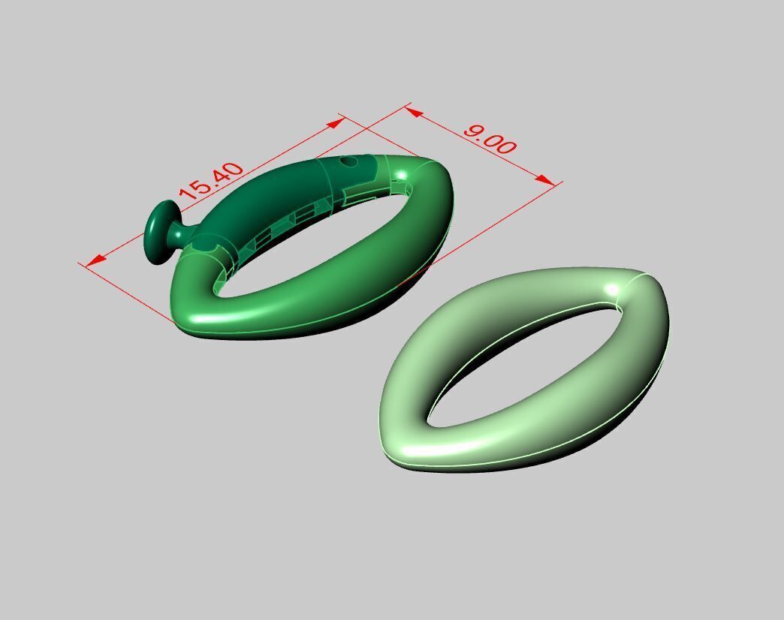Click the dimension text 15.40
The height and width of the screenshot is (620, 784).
213,181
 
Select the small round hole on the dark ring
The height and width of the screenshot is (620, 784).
348,161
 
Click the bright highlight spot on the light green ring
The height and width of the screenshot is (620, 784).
612,289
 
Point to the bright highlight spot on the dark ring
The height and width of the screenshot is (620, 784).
401,176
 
